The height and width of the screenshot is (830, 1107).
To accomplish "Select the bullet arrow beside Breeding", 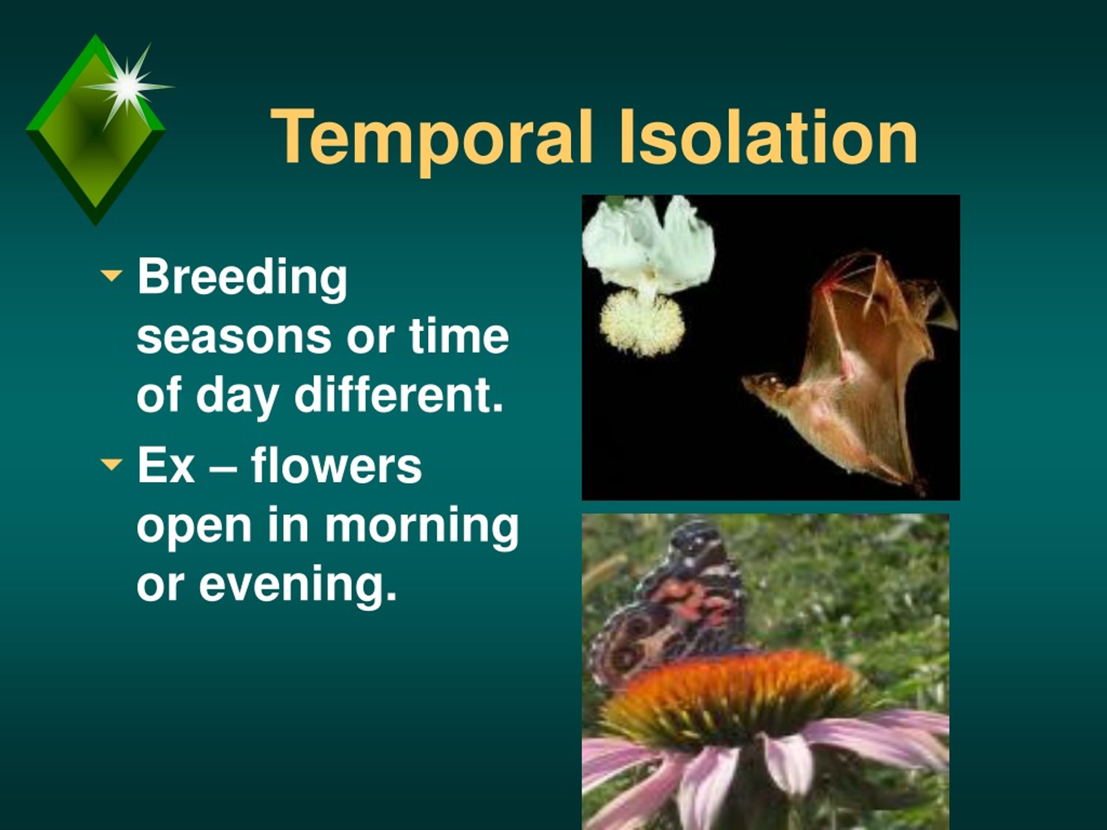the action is [x=111, y=275].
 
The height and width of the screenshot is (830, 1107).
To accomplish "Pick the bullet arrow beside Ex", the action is [x=111, y=464].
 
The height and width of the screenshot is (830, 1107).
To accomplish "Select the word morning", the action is [x=422, y=528].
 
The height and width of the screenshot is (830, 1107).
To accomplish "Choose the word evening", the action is [x=298, y=586].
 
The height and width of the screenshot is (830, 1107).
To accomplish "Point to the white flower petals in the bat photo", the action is [x=649, y=244].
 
